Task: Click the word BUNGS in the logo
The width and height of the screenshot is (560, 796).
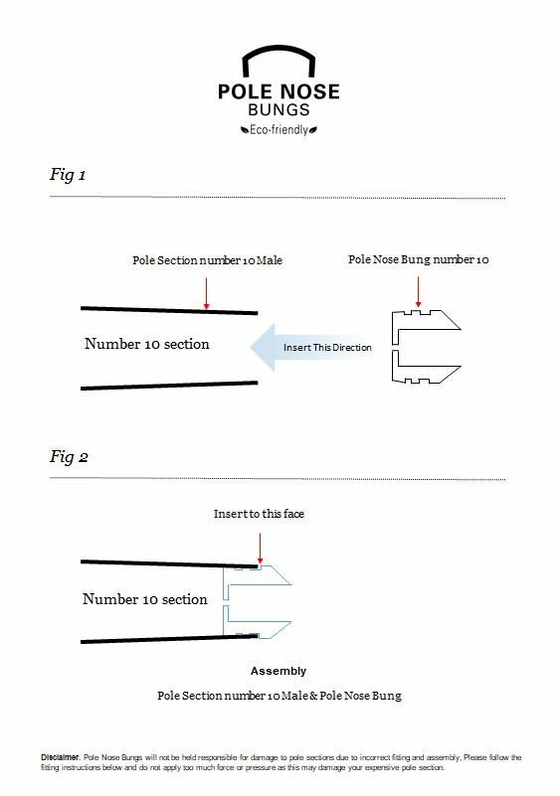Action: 279,109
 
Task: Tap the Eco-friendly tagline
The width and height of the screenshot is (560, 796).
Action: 279,130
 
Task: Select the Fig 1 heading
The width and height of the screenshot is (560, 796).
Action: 68,175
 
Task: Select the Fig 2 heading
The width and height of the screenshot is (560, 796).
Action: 69,457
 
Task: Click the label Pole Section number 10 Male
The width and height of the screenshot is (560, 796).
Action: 207,260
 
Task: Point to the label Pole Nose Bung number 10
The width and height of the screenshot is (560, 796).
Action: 418,259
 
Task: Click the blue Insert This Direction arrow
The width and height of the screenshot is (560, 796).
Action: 311,347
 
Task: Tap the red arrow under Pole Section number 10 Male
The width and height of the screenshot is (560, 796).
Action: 206,293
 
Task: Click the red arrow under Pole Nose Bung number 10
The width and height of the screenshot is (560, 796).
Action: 418,292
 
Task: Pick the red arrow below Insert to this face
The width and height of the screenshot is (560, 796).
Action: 261,549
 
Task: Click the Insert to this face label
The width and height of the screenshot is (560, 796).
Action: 260,514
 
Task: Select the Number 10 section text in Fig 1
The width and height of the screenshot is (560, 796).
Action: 147,344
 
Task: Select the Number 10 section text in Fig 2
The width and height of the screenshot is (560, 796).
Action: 145,599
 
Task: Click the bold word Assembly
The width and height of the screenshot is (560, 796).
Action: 279,671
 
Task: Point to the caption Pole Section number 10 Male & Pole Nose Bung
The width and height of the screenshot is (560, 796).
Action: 279,696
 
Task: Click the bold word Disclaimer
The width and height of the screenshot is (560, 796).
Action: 60,757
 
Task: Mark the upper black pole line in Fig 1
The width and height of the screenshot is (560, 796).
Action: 169,310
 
